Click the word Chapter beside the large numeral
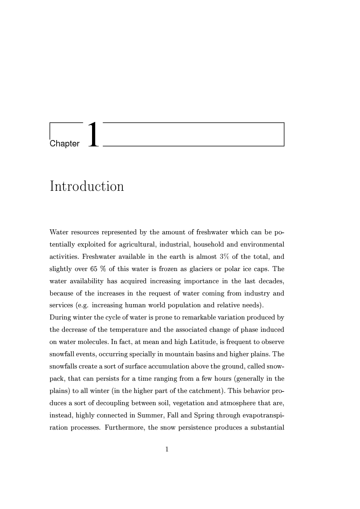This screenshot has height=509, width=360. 64,144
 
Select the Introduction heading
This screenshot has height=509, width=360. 87,186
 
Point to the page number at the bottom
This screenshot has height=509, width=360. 167,449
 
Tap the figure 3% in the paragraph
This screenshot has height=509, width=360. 224,257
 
